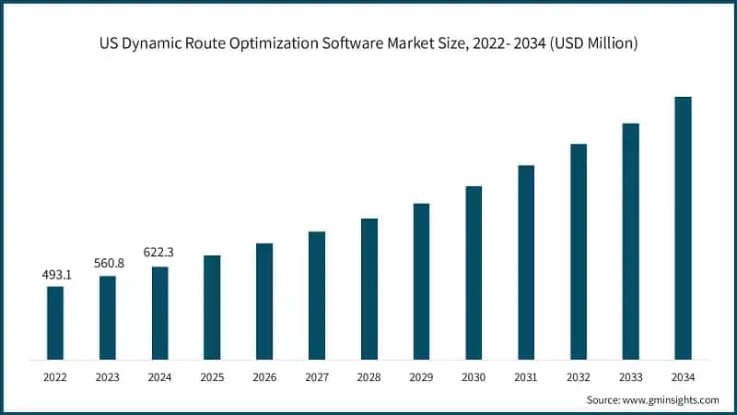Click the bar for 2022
coord(55,323)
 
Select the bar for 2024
coord(159,313)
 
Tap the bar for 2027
coord(317,295)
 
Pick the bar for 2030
coord(474,272)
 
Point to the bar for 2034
coord(683,228)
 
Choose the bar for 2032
coord(579,251)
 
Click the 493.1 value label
coord(55,275)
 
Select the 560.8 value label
coord(108,264)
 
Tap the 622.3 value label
coord(159,253)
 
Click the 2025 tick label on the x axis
coord(212,377)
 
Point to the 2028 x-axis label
coord(369,377)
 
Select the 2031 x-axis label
coord(526,377)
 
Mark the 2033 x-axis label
coord(630,377)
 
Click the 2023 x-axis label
coord(108,377)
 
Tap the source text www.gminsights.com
coord(672,400)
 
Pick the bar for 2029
coord(422,281)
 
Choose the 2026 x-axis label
coord(264,377)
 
